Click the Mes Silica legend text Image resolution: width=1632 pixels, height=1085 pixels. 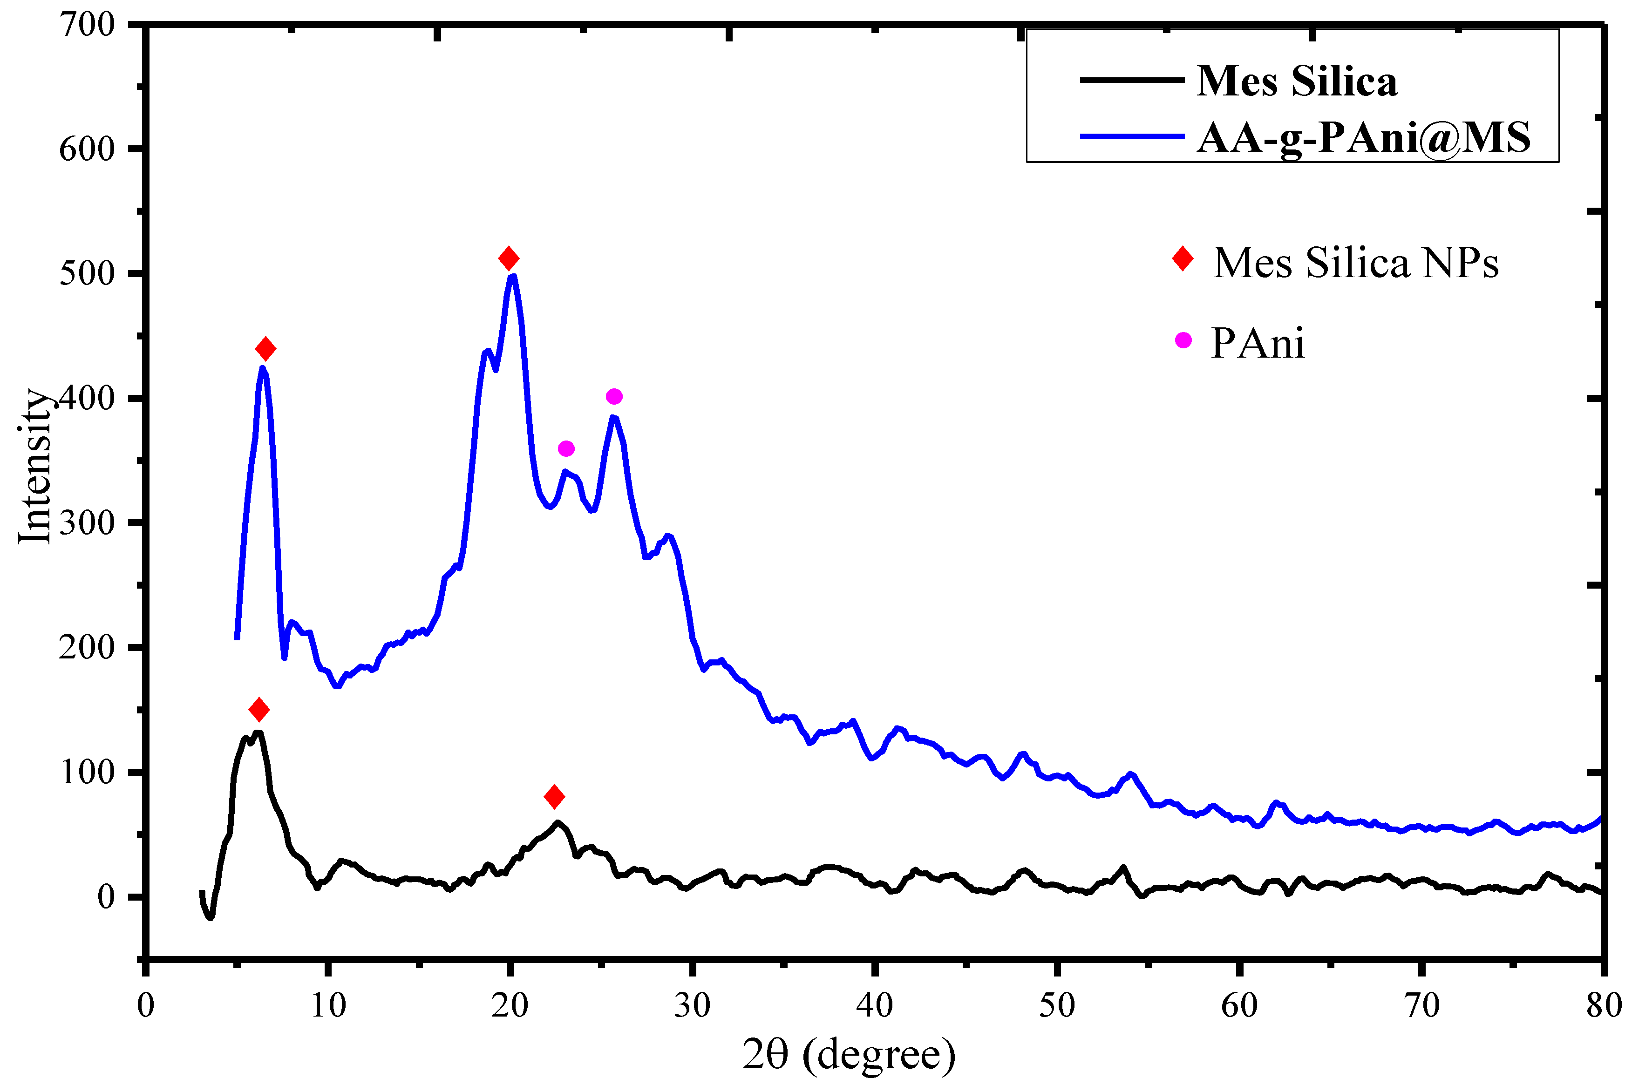(1296, 81)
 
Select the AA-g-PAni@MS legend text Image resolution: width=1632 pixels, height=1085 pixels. (1363, 137)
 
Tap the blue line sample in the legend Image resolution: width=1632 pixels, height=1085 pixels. (1132, 136)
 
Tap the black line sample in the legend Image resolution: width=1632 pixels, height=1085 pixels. (1132, 80)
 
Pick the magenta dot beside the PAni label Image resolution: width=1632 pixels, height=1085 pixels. (1183, 340)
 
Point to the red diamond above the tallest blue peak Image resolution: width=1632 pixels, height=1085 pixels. (509, 259)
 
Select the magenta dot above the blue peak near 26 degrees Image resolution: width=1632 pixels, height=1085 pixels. (614, 396)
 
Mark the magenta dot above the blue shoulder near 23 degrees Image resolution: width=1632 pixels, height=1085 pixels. (566, 449)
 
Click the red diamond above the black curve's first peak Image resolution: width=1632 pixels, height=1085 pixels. (259, 710)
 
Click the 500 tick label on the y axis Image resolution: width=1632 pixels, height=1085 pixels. (87, 274)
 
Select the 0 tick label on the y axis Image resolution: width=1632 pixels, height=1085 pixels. (106, 897)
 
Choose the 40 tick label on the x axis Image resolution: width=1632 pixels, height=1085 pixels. (875, 1005)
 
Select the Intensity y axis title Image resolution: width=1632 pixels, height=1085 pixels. (34, 467)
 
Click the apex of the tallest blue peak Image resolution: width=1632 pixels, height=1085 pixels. (513, 277)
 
